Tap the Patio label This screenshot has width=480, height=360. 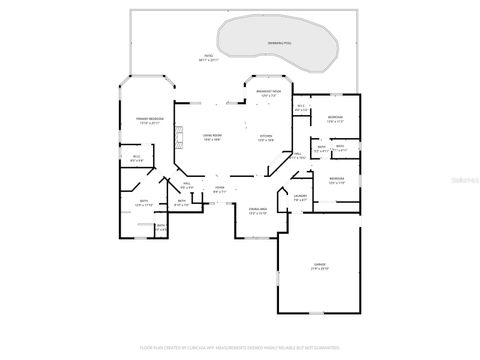(x=209, y=56)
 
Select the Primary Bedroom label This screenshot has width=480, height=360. (x=149, y=119)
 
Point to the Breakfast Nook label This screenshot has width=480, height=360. (x=268, y=91)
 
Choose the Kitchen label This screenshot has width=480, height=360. (x=266, y=135)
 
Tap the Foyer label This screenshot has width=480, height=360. (x=219, y=187)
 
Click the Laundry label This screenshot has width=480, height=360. (x=299, y=196)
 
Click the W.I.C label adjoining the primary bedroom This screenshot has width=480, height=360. (x=136, y=156)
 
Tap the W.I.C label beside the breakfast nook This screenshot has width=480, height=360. (x=301, y=109)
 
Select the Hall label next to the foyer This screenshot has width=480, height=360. (x=187, y=184)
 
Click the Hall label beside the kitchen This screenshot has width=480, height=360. (x=298, y=153)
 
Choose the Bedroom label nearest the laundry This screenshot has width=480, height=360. (x=335, y=179)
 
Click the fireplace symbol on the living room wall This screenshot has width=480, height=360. (x=180, y=135)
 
